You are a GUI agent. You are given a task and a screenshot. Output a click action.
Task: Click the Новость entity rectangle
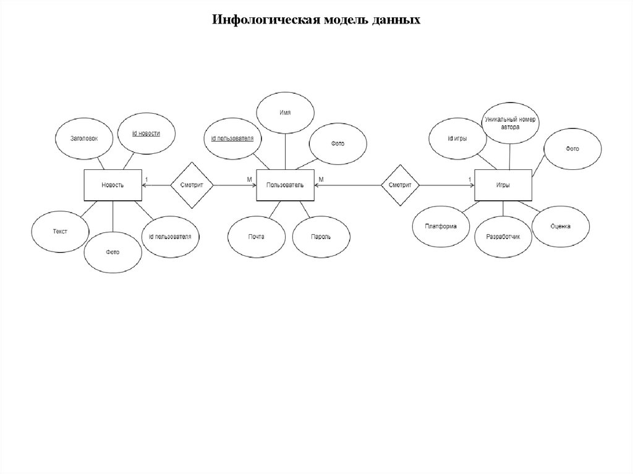point(113,185)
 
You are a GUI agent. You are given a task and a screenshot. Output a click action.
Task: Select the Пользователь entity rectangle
point(285,185)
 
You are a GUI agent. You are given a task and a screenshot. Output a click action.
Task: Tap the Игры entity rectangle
point(503,185)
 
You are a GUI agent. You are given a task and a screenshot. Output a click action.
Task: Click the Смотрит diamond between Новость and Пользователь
point(192,185)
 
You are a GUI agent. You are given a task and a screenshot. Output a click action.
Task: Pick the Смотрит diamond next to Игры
point(400,185)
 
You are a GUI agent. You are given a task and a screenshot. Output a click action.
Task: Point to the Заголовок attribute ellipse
point(84,139)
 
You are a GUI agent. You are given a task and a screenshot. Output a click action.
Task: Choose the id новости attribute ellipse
point(147,133)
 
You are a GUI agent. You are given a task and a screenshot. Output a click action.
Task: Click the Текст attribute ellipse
point(60,231)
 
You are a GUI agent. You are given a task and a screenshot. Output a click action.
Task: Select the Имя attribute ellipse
point(285,112)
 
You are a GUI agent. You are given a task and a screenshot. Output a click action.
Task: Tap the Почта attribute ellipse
point(257,237)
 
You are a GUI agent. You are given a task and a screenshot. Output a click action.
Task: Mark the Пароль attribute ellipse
point(321,237)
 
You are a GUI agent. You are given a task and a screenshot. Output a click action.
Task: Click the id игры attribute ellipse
point(458,139)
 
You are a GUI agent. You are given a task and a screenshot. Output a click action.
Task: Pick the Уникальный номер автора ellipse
point(511,122)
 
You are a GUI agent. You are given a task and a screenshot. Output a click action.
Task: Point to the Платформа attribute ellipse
point(441,226)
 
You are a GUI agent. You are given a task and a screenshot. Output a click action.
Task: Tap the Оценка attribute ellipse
point(561,226)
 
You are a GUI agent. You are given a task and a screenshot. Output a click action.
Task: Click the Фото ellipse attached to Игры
point(572,149)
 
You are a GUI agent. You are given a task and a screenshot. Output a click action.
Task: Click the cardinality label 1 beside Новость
point(146,180)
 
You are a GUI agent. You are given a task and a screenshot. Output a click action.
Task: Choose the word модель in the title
point(344,20)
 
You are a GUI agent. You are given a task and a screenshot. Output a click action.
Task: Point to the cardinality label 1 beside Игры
point(470,180)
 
